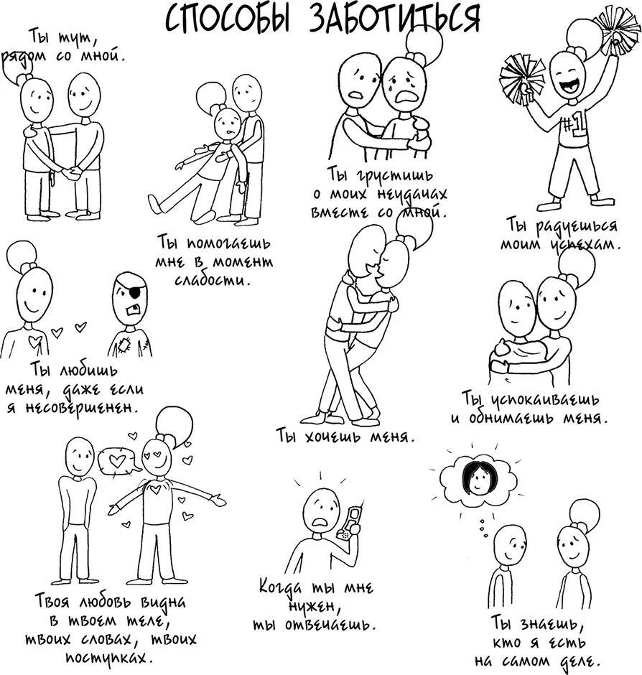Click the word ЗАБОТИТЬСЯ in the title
pyautogui.click(x=384, y=19)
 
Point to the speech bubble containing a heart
pyautogui.click(x=118, y=460)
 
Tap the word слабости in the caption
pyautogui.click(x=214, y=279)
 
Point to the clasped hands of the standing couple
pyautogui.click(x=70, y=173)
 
